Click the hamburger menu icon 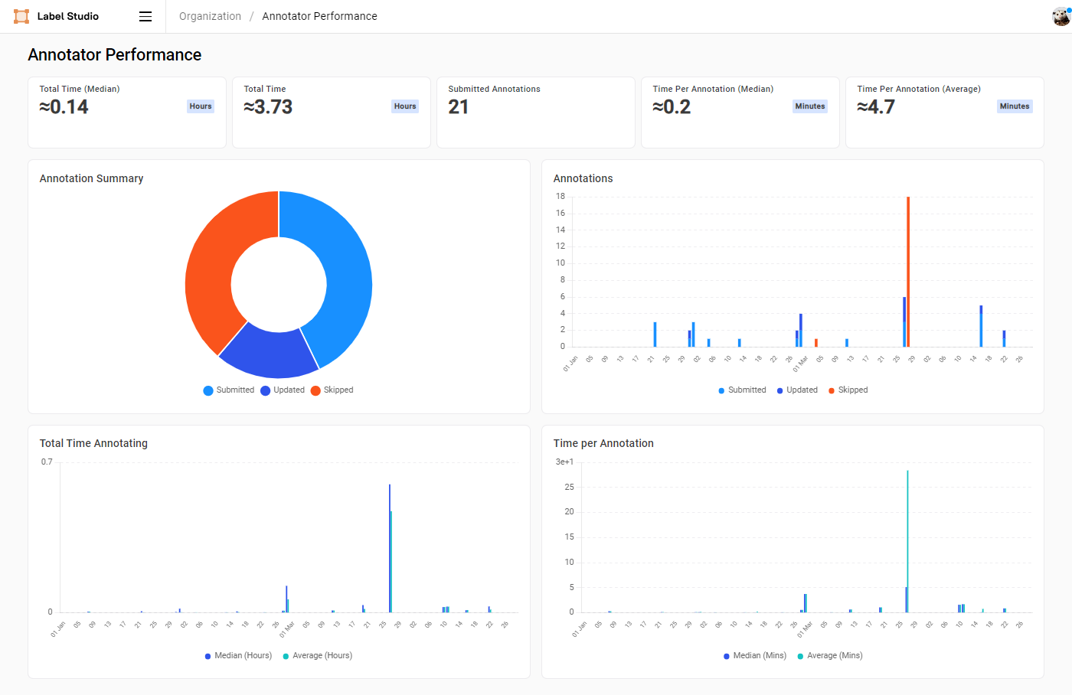(x=145, y=16)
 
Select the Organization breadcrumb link (x=210, y=16)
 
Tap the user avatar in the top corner (x=1061, y=16)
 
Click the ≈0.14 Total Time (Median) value (x=64, y=107)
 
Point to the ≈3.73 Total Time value (x=269, y=107)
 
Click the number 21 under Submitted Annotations (x=459, y=107)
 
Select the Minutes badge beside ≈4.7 (x=1014, y=106)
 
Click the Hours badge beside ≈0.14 (x=201, y=106)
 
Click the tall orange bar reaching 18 (x=908, y=268)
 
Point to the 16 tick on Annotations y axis (x=561, y=213)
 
